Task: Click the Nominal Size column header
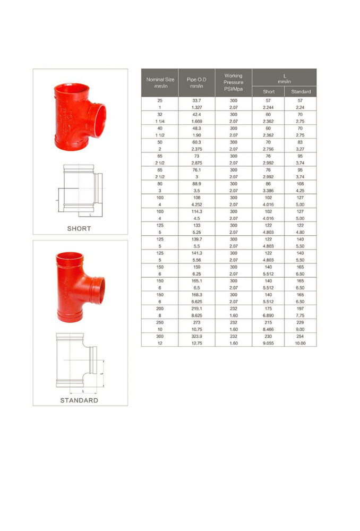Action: [160, 82]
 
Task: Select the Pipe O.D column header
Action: [196, 82]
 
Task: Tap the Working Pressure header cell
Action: [233, 82]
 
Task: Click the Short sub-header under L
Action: [269, 92]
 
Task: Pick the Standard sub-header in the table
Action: [301, 92]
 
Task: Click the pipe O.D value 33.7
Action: [196, 100]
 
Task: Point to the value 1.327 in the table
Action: [196, 107]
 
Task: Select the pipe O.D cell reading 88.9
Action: [196, 183]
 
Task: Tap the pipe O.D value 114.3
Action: [196, 211]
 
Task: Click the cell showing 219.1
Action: [196, 308]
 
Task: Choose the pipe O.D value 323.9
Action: [196, 336]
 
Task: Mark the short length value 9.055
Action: [269, 343]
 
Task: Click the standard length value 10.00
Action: [301, 343]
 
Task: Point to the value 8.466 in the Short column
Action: [269, 329]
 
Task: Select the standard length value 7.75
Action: [301, 315]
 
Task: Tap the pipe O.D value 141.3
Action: [196, 253]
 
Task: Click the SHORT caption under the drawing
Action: [79, 228]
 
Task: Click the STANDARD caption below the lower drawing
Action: [79, 400]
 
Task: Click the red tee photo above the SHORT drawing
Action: [80, 116]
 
